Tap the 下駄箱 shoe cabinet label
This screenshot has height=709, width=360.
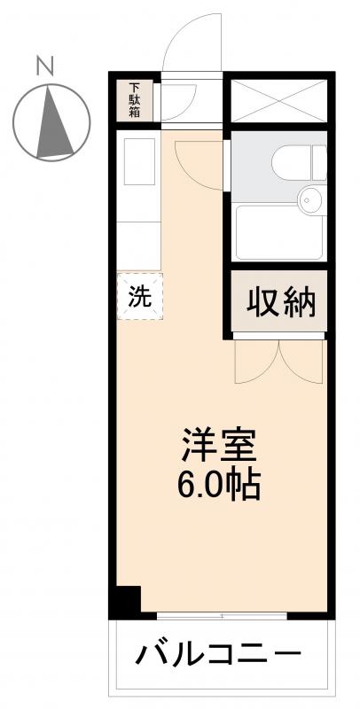[x=136, y=101]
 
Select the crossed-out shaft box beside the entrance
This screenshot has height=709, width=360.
[x=278, y=100]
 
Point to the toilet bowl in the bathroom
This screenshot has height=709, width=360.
[x=293, y=162]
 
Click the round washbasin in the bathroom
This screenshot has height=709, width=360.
[x=309, y=199]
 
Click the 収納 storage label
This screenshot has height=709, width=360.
[x=280, y=304]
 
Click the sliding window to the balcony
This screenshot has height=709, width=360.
[x=222, y=614]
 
